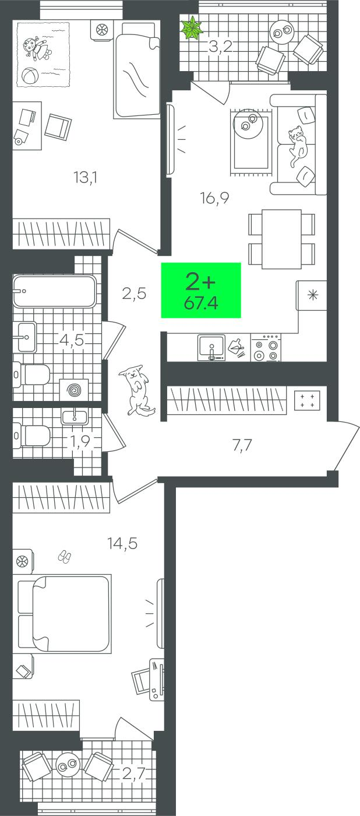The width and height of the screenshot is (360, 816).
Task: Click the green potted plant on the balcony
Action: coord(192,29)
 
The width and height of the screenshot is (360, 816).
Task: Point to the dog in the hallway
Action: coord(136,390)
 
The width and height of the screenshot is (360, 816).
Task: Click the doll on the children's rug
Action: coord(36,48)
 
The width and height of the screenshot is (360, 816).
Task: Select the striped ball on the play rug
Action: coord(30,76)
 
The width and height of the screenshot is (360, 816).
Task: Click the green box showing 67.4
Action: coord(201,290)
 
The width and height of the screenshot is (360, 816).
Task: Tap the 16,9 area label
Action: coord(214,198)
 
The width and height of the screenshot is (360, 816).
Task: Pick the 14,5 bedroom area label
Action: coord(122,543)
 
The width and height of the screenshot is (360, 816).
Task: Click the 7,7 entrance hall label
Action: coord(242,445)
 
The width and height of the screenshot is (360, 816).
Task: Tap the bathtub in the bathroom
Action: coord(55,291)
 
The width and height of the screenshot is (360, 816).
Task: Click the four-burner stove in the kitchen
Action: coord(266,348)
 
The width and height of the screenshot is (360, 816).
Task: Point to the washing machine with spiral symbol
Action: coord(74,391)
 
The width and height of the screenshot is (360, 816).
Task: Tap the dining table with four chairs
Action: coord(281,239)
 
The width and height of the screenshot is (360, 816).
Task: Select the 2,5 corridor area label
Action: coord(134,293)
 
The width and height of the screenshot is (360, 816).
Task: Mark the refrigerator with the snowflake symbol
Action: coord(312,295)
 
